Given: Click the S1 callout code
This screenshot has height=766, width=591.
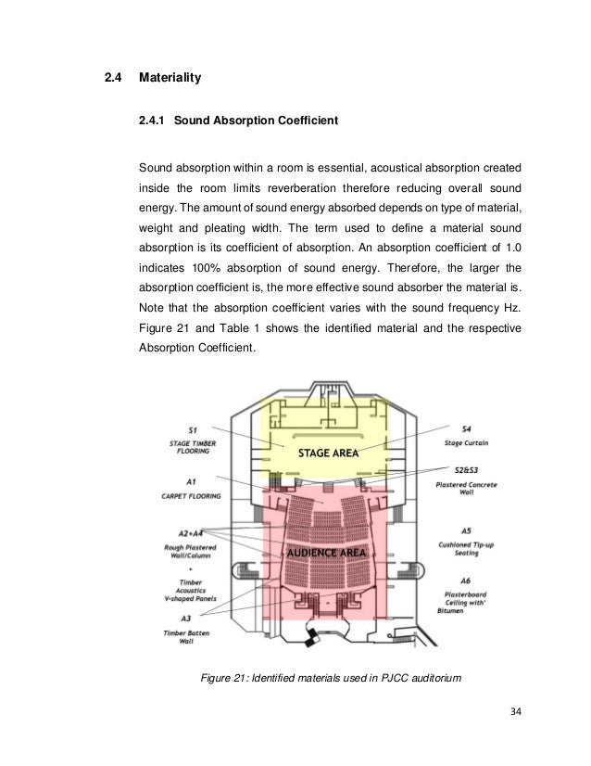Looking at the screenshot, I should pyautogui.click(x=192, y=429).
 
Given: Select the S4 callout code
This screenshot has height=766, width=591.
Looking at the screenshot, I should pyautogui.click(x=466, y=429).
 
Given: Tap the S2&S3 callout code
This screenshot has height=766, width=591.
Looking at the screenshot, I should pyautogui.click(x=466, y=471).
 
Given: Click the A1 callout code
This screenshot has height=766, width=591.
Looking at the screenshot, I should pyautogui.click(x=190, y=482).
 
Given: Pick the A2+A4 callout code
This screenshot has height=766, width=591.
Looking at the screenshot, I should pyautogui.click(x=190, y=533).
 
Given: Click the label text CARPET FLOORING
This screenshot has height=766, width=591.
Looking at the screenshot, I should pyautogui.click(x=190, y=496).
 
